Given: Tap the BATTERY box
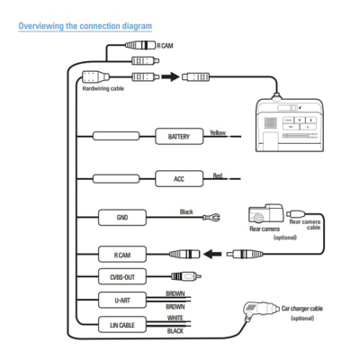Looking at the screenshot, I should [180, 137].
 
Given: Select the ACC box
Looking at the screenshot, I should [178, 179].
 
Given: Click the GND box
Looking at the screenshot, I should [122, 218].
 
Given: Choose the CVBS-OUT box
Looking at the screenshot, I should [122, 276].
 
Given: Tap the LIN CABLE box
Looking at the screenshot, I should [122, 324].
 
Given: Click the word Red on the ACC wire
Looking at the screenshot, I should [217, 175].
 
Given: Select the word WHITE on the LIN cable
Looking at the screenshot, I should [176, 319].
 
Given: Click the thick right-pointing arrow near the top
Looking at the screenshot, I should [168, 77].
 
